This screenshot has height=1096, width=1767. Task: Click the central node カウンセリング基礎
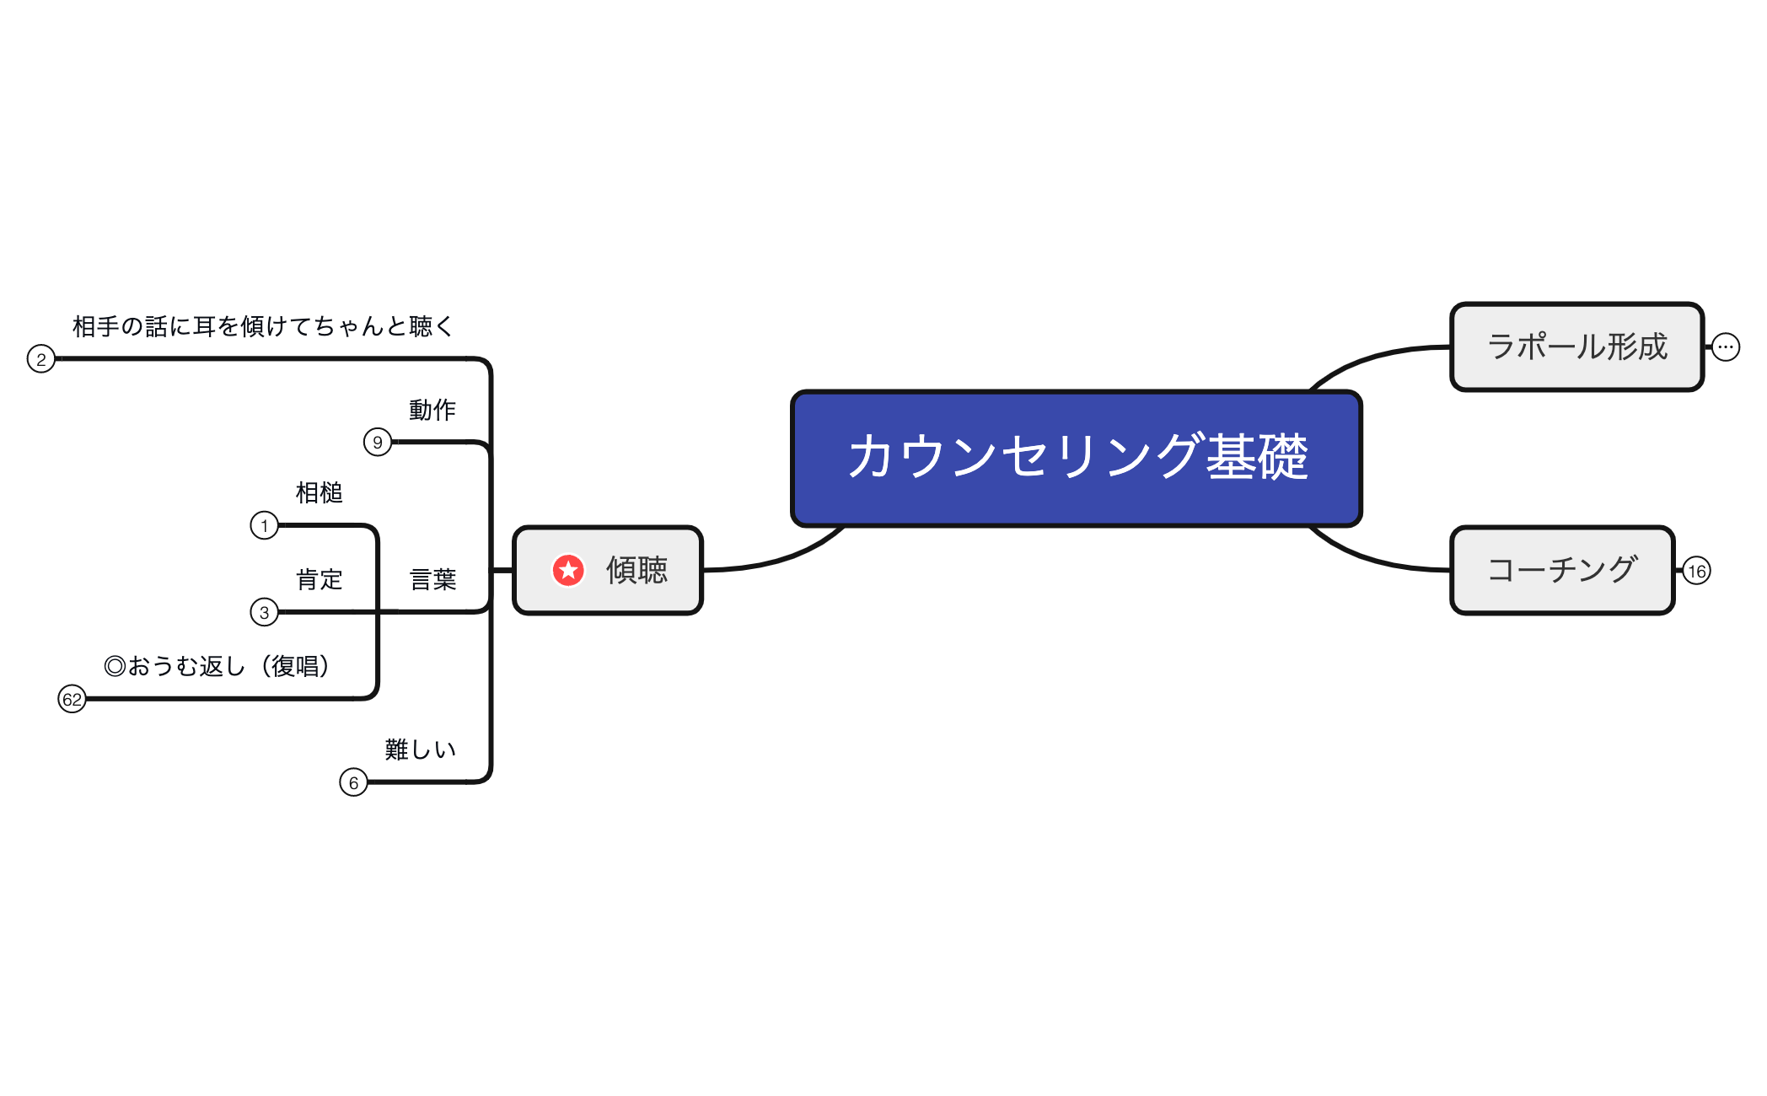point(1077,458)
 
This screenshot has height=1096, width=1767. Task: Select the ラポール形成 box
point(1576,347)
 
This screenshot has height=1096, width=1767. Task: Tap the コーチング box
point(1562,571)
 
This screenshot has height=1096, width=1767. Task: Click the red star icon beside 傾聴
point(568,571)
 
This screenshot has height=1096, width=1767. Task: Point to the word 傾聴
point(636,571)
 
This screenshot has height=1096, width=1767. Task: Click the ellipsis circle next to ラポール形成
point(1726,347)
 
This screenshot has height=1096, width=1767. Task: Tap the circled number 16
point(1696,572)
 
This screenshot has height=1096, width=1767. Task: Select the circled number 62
point(72,699)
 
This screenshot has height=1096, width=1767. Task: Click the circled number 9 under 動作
point(378,442)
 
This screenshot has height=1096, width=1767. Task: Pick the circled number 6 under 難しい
point(353,782)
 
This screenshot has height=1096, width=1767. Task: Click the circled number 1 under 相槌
point(264,526)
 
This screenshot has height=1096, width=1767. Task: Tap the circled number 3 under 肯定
point(264,612)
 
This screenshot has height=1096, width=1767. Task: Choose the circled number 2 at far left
point(40,359)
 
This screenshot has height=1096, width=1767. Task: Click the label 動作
point(432,411)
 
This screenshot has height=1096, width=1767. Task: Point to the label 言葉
point(432,580)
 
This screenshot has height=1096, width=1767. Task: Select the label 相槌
point(319,493)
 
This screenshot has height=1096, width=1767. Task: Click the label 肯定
point(319,580)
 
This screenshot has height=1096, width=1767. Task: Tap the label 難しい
point(420,749)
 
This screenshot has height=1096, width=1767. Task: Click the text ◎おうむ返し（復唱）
point(217,667)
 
